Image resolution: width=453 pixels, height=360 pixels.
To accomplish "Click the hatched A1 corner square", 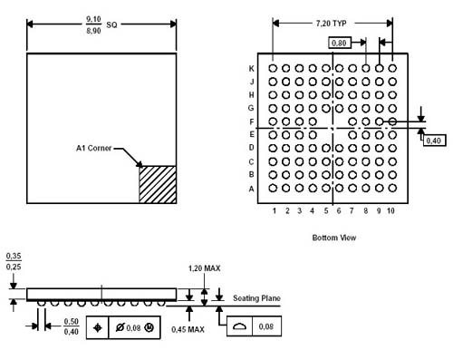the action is [158, 184].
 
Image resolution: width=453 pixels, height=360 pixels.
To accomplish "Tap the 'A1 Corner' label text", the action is [94, 148].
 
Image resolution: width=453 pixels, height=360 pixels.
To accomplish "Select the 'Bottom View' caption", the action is [334, 238].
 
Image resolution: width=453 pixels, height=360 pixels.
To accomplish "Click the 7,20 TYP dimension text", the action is [331, 24].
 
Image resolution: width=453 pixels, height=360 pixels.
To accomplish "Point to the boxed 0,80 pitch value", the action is [340, 43].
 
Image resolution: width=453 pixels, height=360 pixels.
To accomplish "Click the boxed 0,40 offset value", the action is [434, 141].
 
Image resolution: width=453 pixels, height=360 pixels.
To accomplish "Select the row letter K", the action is [251, 69].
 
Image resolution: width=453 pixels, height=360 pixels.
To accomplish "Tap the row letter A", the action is [251, 189].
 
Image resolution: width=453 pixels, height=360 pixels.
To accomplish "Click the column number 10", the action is [390, 210].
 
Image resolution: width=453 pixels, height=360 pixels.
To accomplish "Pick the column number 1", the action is [275, 210].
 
